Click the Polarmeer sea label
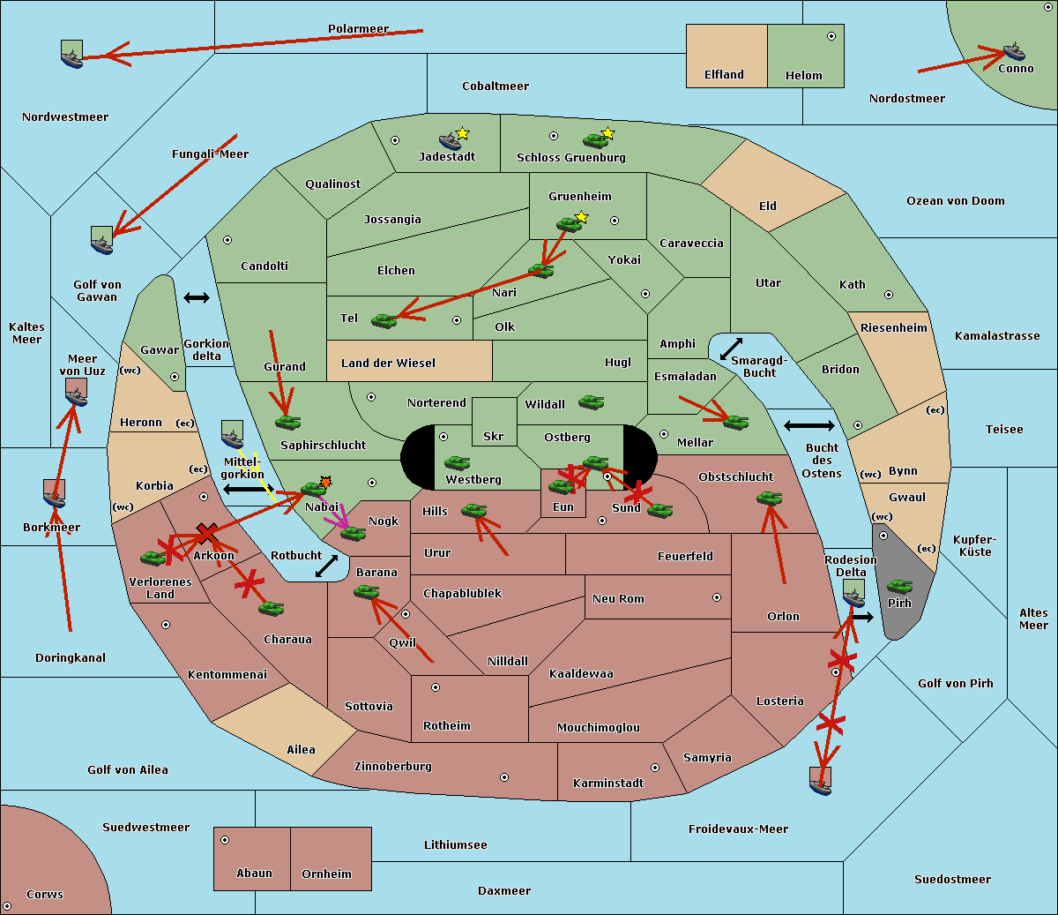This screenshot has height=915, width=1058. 358,29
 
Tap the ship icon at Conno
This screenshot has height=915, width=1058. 1013,52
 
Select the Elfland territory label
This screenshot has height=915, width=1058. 724,75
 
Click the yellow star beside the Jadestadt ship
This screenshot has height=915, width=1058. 462,134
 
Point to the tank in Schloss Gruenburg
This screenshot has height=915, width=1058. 595,140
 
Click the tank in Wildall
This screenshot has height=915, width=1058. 592,402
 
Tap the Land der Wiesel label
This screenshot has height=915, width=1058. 388,364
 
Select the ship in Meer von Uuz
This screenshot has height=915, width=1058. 77,393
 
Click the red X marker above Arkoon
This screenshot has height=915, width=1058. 206,533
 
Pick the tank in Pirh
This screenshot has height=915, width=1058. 899,586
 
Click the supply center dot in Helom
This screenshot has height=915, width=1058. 831,36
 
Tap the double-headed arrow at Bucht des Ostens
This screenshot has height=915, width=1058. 809,425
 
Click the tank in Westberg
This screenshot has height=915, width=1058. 457,463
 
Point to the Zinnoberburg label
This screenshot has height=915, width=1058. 393,767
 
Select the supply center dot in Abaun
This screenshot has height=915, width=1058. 225,840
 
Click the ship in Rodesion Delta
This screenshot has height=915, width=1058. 853,594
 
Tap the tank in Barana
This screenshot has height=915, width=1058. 366,593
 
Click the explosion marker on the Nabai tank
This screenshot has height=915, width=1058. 325,482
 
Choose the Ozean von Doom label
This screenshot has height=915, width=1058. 956,201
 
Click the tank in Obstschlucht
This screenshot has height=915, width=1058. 770,498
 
